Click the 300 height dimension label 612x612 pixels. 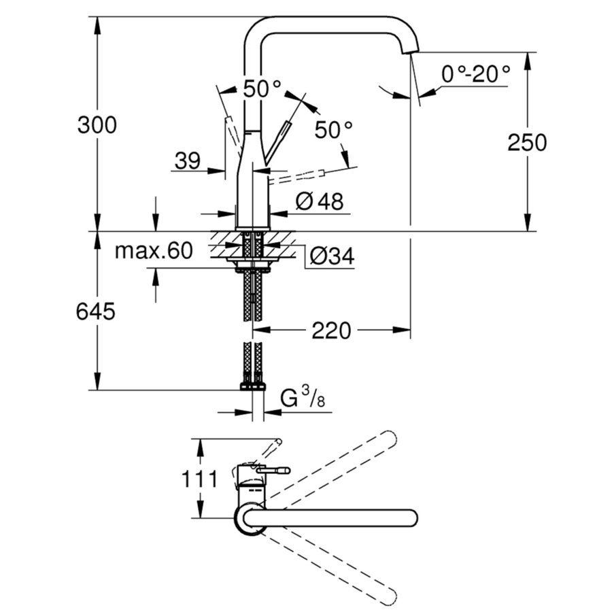pyautogui.click(x=97, y=125)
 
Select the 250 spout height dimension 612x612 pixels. pyautogui.click(x=526, y=142)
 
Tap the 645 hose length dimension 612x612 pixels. pyautogui.click(x=96, y=312)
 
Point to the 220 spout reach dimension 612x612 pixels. pyautogui.click(x=331, y=331)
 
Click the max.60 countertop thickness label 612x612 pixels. pyautogui.click(x=153, y=251)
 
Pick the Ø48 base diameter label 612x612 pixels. pyautogui.click(x=320, y=201)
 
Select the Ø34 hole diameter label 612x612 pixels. pyautogui.click(x=333, y=256)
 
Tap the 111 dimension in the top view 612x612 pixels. pyautogui.click(x=199, y=478)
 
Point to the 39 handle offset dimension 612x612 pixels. pyautogui.click(x=187, y=161)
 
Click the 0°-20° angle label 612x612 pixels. pyautogui.click(x=475, y=73)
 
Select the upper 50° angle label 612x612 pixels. pyautogui.click(x=262, y=88)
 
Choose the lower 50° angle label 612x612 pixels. pyautogui.click(x=334, y=129)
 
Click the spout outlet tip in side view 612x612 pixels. pyautogui.click(x=413, y=50)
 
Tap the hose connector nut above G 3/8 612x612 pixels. pyautogui.click(x=253, y=386)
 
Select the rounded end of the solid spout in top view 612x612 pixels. pyautogui.click(x=411, y=517)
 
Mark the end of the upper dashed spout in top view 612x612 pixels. pyautogui.click(x=389, y=437)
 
